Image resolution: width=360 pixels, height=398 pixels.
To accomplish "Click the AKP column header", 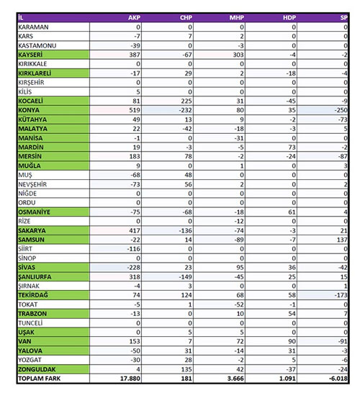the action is click(x=134, y=17).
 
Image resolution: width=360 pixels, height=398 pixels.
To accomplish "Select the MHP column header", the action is click(x=237, y=17).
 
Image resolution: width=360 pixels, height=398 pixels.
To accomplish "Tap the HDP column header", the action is click(x=289, y=17).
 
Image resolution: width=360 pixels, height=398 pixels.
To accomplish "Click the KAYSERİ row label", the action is click(x=30, y=55).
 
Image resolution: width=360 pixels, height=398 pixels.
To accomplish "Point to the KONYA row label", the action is click(x=29, y=110).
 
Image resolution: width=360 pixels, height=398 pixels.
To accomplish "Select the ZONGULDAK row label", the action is click(x=37, y=369).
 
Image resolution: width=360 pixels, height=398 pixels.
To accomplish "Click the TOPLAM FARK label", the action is click(x=40, y=379).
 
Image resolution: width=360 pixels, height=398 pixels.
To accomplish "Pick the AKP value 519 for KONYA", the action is click(x=135, y=110).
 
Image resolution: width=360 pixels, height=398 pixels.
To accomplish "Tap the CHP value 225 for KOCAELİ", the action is click(x=186, y=101).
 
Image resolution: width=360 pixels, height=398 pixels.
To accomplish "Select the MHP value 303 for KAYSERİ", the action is click(x=238, y=55).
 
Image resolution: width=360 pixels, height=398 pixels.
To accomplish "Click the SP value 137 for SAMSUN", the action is click(x=342, y=240).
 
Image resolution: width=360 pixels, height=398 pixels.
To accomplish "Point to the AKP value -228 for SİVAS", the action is click(x=133, y=267).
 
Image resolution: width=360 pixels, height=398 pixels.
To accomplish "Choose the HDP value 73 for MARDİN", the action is click(x=292, y=148).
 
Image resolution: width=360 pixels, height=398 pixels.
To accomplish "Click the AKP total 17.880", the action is click(x=130, y=379).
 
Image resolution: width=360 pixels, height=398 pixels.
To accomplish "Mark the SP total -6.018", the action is click(x=338, y=379).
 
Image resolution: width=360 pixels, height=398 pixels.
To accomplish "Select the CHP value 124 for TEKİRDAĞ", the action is click(x=186, y=295).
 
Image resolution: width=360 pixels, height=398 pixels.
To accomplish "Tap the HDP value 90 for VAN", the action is click(x=292, y=341).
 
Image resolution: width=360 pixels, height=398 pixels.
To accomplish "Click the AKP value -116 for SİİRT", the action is click(x=133, y=249).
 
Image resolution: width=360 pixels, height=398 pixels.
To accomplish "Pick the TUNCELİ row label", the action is click(x=30, y=323).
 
